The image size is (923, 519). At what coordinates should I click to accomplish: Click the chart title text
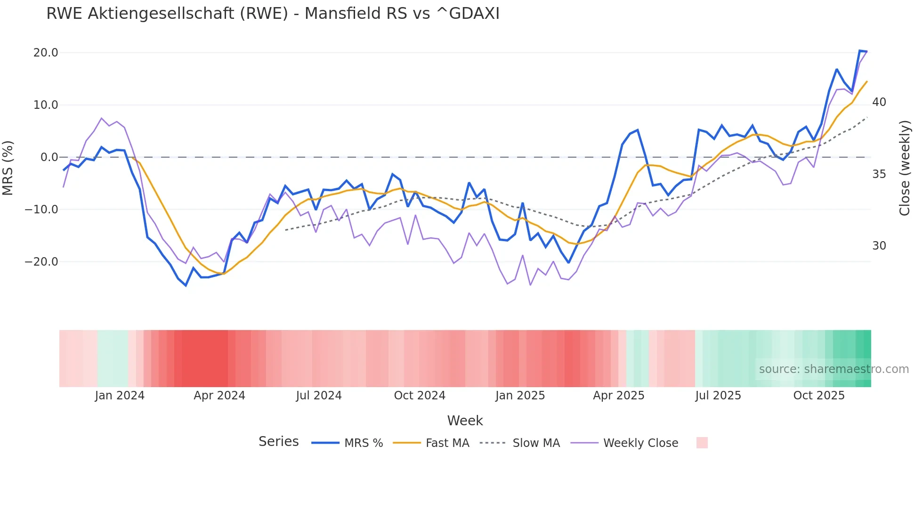point(273,14)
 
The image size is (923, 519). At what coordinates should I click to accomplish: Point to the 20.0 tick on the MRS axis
point(46,53)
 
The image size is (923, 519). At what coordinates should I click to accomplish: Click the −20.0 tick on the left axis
point(42,262)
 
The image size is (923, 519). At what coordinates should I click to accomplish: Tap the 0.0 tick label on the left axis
point(49,157)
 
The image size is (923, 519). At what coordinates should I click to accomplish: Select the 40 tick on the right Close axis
point(879,102)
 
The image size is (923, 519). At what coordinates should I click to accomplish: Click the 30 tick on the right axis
point(879,246)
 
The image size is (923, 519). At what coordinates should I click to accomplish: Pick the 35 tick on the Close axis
point(879,174)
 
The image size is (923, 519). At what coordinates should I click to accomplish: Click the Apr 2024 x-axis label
point(219,396)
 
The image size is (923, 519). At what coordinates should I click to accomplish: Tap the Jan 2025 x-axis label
point(520,396)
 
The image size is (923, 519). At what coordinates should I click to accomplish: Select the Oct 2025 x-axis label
point(819,396)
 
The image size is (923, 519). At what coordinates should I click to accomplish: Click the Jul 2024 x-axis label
point(319,396)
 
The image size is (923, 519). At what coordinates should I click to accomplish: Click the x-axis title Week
point(465,421)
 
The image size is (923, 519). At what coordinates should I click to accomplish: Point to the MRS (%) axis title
point(8,168)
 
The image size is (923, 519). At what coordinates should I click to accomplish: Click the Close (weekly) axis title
point(904,168)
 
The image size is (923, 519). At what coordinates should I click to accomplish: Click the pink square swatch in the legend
point(702,443)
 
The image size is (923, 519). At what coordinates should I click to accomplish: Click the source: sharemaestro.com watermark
point(834,369)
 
